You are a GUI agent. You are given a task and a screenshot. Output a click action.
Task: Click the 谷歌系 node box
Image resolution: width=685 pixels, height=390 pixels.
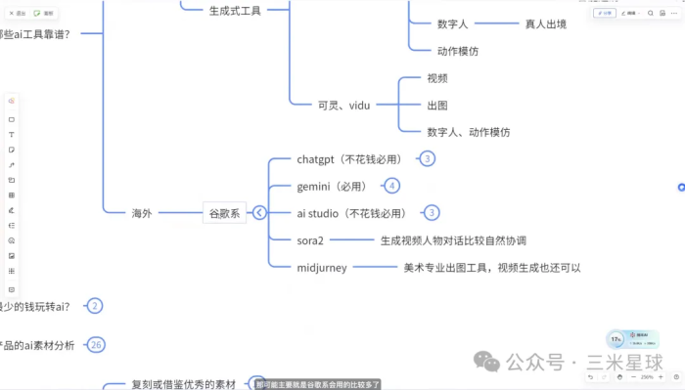coord(225,212)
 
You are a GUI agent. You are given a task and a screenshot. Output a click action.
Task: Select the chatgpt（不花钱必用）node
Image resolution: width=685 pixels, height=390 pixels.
coord(348,158)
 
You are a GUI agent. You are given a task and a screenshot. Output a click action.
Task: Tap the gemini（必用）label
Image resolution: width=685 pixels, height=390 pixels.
coord(335,186)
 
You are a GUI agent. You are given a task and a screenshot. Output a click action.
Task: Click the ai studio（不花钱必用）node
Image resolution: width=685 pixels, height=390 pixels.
coord(351,212)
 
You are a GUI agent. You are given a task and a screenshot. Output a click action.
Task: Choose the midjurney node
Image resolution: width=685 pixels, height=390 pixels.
coord(322,267)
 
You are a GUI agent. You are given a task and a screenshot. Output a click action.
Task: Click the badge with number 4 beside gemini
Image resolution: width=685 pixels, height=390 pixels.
coord(392,186)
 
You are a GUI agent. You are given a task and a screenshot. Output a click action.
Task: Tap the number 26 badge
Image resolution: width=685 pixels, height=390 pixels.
coord(96,345)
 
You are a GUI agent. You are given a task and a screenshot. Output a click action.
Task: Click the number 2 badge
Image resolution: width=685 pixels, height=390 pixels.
coord(95,306)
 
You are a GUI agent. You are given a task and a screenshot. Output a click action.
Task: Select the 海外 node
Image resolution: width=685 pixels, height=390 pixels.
coord(143,212)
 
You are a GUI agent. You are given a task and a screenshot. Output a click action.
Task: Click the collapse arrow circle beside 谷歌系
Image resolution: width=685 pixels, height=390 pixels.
coord(259,212)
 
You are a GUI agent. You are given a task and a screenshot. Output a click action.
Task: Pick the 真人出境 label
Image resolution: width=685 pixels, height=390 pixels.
coord(546,23)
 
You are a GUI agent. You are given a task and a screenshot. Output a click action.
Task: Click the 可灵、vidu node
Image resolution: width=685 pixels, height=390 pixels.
coord(344,105)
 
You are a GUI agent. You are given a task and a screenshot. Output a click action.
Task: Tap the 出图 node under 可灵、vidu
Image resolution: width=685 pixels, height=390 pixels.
coord(437,105)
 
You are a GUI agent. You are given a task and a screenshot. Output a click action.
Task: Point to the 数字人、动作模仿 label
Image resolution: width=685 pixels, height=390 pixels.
coord(468,131)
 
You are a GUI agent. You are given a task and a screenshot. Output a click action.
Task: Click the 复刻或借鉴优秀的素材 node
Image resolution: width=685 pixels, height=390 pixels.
coord(184,384)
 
